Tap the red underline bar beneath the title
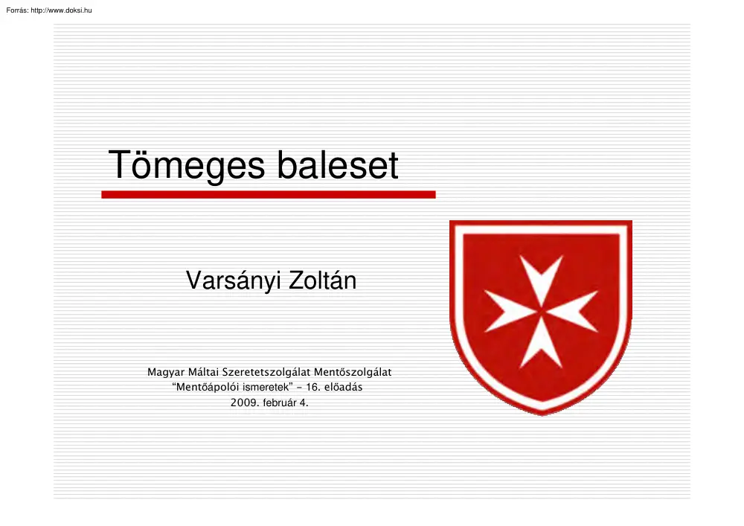tap(268, 194)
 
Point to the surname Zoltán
tap(321, 280)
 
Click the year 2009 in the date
tap(243, 403)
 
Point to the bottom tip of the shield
tap(542, 413)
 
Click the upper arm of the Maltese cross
tap(541, 275)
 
